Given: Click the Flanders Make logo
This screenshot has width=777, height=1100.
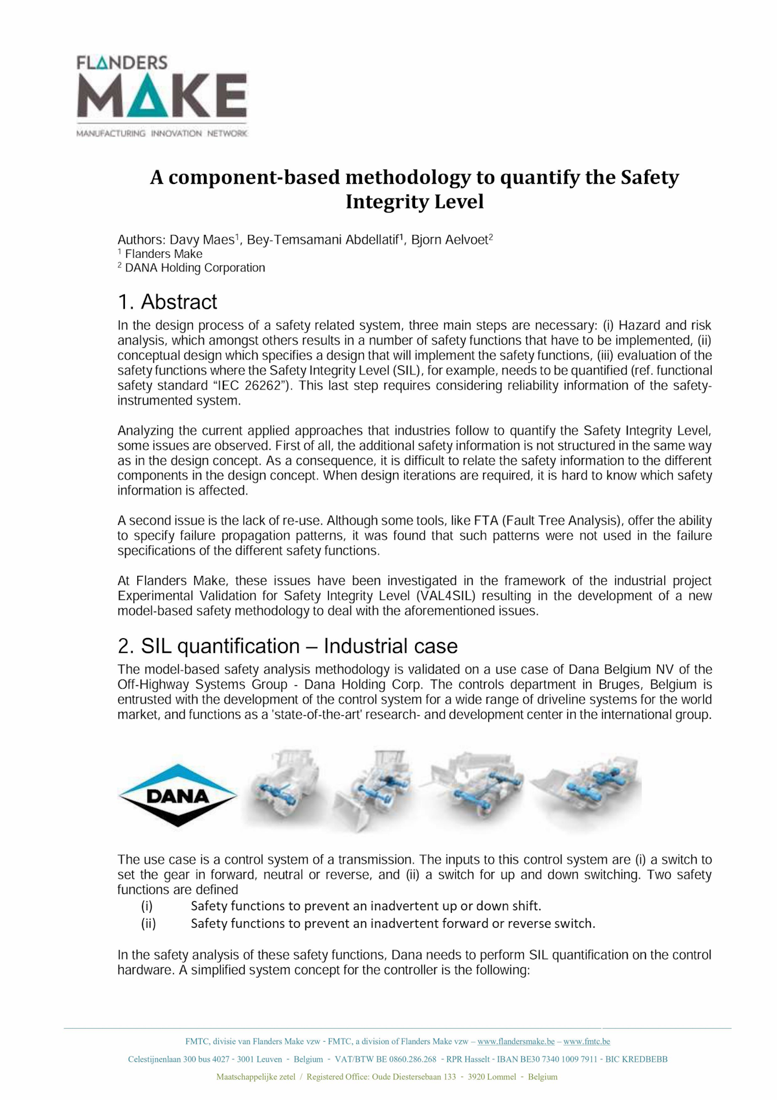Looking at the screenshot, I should click(162, 96).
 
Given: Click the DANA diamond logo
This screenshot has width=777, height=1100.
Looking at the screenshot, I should click(177, 795).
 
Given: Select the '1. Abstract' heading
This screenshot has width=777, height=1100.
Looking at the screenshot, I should click(167, 302).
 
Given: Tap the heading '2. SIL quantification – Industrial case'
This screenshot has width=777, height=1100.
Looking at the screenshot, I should click(287, 646).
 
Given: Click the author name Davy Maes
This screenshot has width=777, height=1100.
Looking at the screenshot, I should click(201, 240).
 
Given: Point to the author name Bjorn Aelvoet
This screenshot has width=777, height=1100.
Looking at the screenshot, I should click(449, 240).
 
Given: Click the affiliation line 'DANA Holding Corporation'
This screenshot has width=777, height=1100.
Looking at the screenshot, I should click(195, 268).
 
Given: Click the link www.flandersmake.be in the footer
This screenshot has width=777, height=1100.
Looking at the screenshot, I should click(516, 1042).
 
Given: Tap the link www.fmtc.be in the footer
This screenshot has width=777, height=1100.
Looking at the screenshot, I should click(587, 1042).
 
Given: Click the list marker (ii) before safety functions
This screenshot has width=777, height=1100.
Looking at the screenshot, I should click(148, 924).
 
